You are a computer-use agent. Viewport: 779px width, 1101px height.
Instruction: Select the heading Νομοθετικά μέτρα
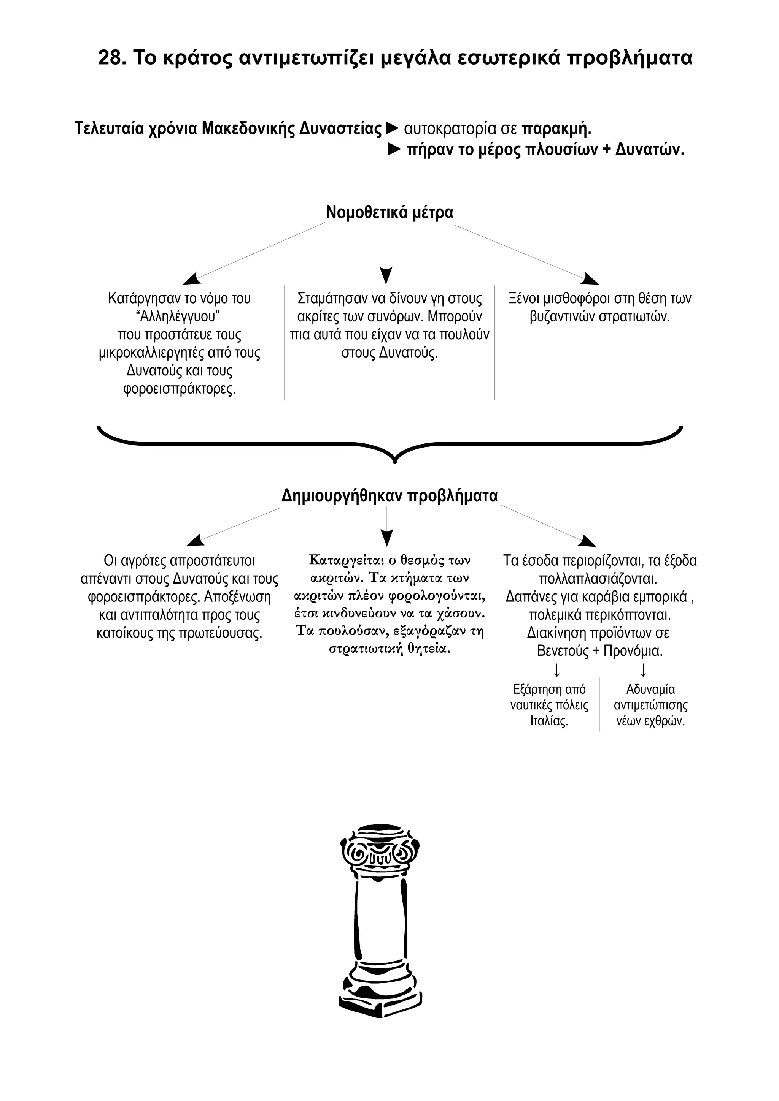pyautogui.click(x=389, y=212)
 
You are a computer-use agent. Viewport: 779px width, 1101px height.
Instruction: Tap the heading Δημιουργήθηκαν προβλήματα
pyautogui.click(x=389, y=495)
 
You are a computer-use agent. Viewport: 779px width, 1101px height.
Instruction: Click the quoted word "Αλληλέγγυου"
pyautogui.click(x=178, y=316)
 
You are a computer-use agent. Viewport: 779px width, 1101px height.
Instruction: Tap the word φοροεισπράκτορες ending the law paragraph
pyautogui.click(x=180, y=389)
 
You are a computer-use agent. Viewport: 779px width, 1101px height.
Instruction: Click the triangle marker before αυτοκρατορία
pyautogui.click(x=393, y=128)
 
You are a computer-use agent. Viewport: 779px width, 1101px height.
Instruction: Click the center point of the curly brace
pyautogui.click(x=394, y=461)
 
